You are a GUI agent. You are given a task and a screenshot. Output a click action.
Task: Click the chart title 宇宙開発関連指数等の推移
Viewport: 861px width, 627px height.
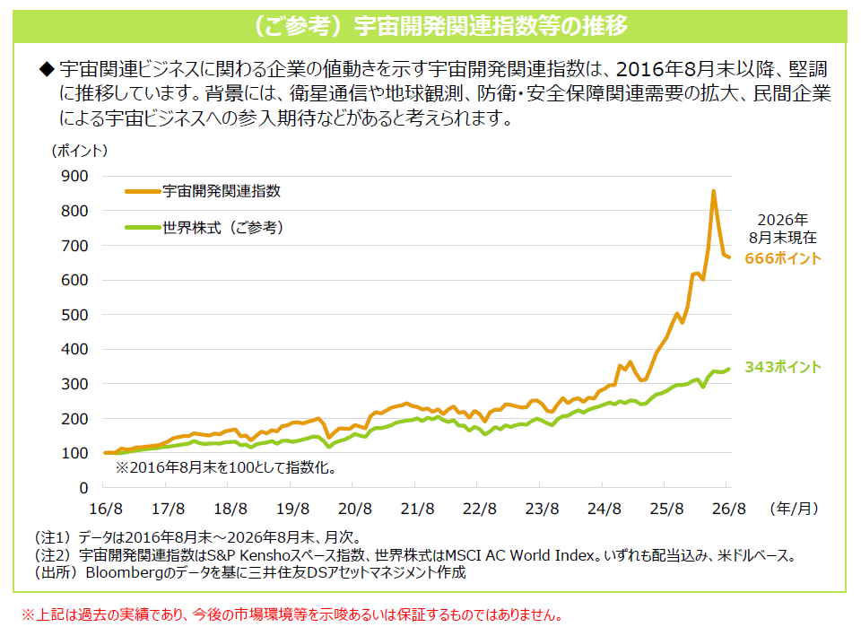pos(491,26)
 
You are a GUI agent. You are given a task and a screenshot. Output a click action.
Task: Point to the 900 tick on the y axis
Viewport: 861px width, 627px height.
pos(74,176)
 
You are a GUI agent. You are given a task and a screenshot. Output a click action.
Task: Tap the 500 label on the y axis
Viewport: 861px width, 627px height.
pos(74,315)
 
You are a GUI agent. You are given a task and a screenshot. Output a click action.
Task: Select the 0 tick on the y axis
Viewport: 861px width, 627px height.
pos(83,488)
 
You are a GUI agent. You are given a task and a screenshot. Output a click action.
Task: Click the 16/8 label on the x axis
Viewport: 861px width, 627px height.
pos(106,509)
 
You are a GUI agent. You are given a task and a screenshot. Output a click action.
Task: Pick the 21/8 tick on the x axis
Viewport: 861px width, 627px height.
pos(417,509)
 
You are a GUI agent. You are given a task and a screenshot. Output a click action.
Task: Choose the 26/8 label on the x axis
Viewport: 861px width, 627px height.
pos(728,509)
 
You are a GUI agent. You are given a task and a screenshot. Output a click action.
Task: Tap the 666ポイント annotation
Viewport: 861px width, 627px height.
pos(783,258)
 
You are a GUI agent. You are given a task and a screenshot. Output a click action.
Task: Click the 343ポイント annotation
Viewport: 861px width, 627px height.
pos(783,367)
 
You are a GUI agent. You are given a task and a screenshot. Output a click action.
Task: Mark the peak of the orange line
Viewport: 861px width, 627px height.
pos(713,191)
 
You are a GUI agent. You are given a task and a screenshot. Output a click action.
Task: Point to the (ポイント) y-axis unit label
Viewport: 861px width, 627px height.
pos(80,151)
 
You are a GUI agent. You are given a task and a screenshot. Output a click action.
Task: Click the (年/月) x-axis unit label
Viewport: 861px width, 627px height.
pos(794,509)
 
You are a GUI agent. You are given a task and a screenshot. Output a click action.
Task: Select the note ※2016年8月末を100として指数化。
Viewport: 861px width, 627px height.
pos(226,467)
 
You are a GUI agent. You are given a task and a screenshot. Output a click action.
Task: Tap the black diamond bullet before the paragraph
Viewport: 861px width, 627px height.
pos(47,69)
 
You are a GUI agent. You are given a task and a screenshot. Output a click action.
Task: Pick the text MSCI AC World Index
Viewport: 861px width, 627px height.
pos(520,555)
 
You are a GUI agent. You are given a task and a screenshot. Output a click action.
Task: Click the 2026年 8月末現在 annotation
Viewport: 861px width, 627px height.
pos(783,229)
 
